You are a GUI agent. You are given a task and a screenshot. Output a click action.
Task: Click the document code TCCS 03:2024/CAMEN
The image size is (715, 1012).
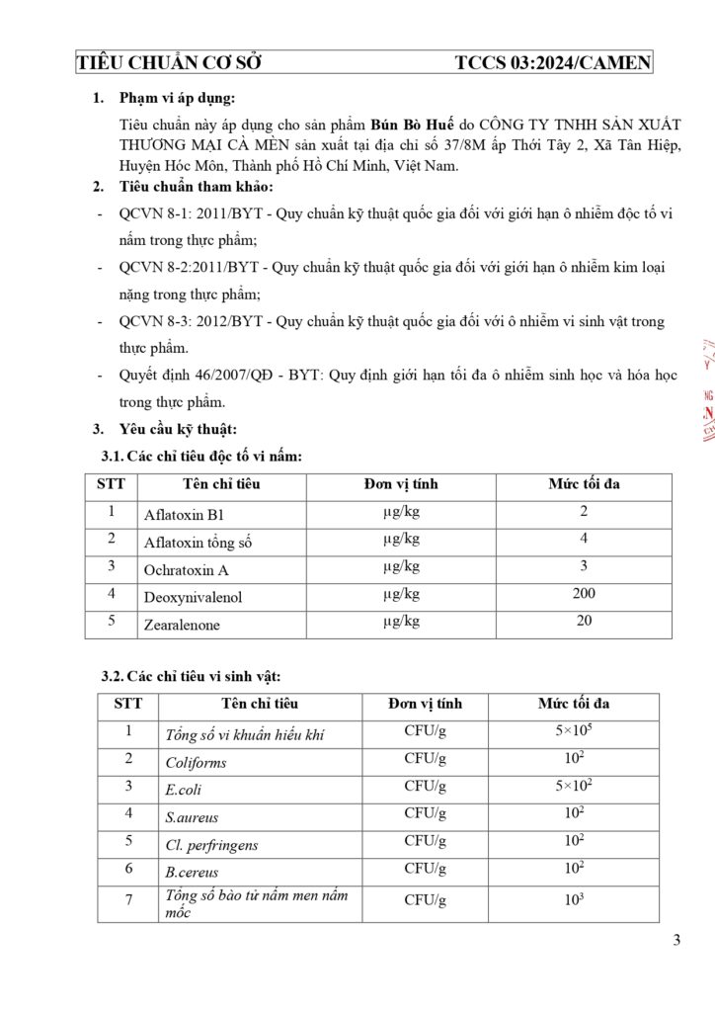553,63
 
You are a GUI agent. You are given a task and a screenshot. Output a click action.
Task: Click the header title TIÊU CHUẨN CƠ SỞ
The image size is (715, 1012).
169,63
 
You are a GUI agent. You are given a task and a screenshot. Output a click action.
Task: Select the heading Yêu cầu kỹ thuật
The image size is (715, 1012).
178,429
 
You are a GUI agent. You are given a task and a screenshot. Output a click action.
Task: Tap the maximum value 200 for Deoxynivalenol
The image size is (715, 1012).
584,594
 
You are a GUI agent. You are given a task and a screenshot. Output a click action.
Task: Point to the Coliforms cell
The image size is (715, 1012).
196,763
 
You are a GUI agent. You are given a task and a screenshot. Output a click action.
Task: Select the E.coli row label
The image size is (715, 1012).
183,791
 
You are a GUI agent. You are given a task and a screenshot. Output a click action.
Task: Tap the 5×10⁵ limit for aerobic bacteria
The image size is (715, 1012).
574,732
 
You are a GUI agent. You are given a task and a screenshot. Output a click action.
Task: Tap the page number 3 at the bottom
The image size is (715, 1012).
676,940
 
